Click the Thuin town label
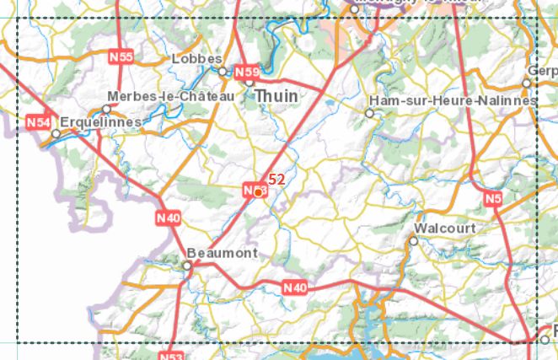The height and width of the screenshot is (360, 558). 276,96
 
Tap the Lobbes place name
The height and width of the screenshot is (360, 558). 196,59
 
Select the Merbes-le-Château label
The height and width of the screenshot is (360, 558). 170,98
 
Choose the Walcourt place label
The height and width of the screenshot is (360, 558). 446,228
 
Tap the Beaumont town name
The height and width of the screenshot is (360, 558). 222,253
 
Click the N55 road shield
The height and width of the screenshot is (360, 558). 122,56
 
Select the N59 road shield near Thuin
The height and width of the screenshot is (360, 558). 247,72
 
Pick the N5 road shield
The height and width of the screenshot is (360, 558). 493,198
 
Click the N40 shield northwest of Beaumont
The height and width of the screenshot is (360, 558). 169,218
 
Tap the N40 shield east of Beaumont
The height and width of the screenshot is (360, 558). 295,288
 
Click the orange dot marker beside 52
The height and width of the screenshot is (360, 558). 259,192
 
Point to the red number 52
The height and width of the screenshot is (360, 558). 276,179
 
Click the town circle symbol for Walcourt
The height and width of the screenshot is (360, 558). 413,241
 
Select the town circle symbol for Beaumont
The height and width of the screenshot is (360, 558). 187,266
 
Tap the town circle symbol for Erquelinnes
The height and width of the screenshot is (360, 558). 56,134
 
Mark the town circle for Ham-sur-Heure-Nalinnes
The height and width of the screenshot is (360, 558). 369,112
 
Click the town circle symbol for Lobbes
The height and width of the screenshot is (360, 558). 223,71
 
